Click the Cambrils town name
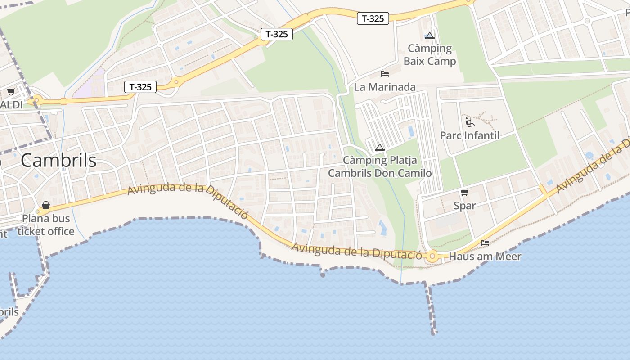click(58, 160)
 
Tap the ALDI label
click(11, 104)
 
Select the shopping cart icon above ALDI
click(11, 92)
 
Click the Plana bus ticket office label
click(45, 225)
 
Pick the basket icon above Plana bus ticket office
click(45, 205)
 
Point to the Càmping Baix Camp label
click(430, 54)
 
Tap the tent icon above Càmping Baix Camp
click(430, 36)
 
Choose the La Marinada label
click(385, 87)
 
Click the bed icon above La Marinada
click(385, 73)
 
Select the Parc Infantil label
click(469, 135)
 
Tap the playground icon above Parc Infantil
click(470, 122)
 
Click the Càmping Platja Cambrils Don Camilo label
click(380, 166)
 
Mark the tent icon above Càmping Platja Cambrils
click(380, 147)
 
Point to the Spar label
click(465, 206)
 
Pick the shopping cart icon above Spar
click(465, 192)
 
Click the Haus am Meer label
click(485, 256)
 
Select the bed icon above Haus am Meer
click(485, 243)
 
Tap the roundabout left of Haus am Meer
click(433, 256)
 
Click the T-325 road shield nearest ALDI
click(140, 87)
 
